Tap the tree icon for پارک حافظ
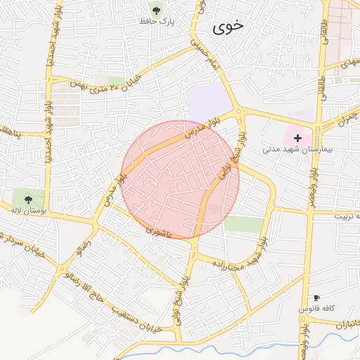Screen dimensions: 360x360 pos(155,10)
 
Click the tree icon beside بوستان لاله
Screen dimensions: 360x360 pos(28,199)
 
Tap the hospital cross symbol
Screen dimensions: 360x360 pos(298,137)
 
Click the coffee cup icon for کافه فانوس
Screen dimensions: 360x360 pos(316,298)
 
